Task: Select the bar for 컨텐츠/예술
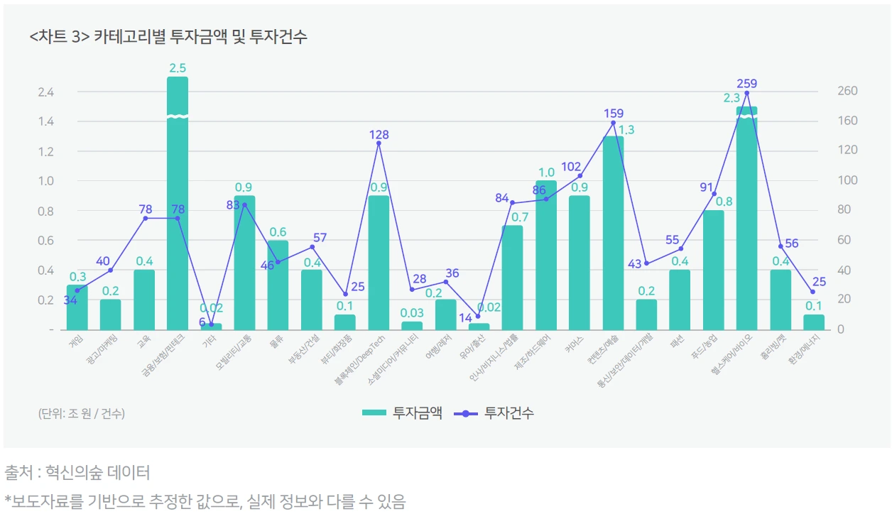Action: [x=613, y=234]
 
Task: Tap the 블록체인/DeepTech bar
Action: [x=379, y=263]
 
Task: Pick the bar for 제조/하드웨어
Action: [x=546, y=256]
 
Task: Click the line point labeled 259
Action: [x=746, y=93]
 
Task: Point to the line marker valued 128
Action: [x=379, y=143]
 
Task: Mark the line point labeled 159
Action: [x=613, y=123]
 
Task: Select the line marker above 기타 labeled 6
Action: [x=211, y=324]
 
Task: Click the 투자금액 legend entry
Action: [x=402, y=412]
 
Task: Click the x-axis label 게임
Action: [x=75, y=341]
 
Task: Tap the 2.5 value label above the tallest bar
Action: [x=178, y=68]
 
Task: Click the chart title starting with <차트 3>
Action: [x=168, y=37]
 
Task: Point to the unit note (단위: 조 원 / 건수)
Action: [x=82, y=413]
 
